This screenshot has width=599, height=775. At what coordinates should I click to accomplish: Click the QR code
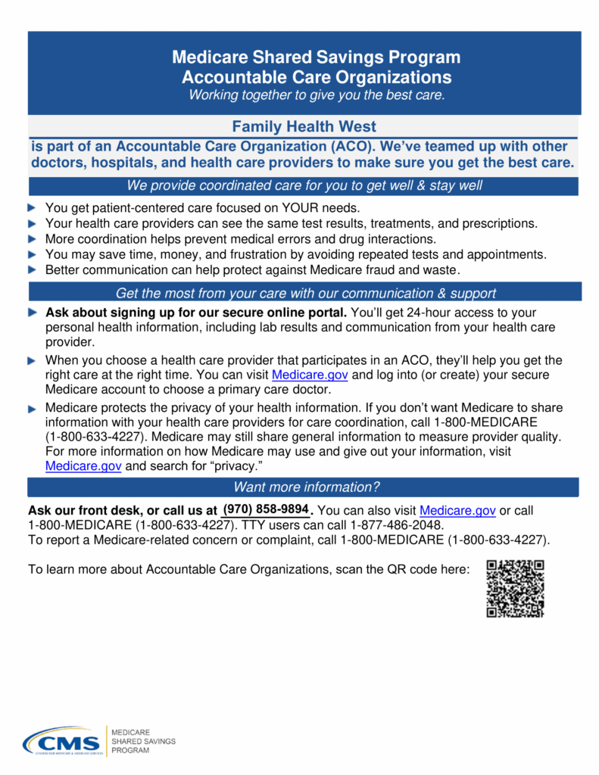[x=515, y=588]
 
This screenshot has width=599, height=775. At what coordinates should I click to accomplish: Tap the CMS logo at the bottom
[x=61, y=741]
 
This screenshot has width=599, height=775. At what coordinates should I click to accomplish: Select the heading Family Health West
[x=304, y=126]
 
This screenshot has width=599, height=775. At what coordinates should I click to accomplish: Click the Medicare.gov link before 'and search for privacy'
[x=83, y=466]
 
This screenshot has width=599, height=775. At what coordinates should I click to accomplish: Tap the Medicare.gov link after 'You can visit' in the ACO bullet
[x=310, y=375]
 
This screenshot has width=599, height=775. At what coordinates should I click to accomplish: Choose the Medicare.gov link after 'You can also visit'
[x=457, y=511]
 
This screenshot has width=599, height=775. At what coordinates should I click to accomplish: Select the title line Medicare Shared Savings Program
[x=316, y=58]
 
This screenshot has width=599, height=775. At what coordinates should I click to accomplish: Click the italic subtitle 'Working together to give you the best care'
[x=317, y=95]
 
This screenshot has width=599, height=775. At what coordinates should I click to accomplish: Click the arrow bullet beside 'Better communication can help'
[x=31, y=269]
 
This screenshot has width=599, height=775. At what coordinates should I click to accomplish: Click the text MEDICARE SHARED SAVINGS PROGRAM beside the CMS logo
[x=143, y=742]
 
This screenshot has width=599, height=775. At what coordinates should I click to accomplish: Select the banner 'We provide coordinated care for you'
[x=304, y=186]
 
